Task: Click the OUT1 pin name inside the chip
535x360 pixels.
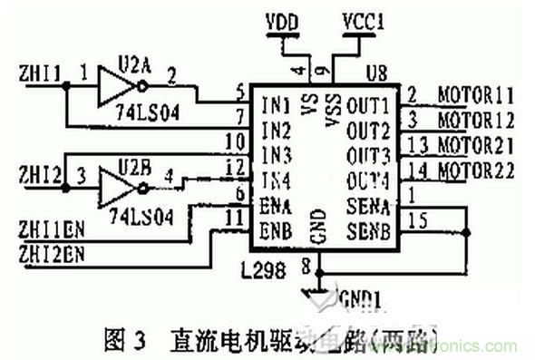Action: pos(368,104)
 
